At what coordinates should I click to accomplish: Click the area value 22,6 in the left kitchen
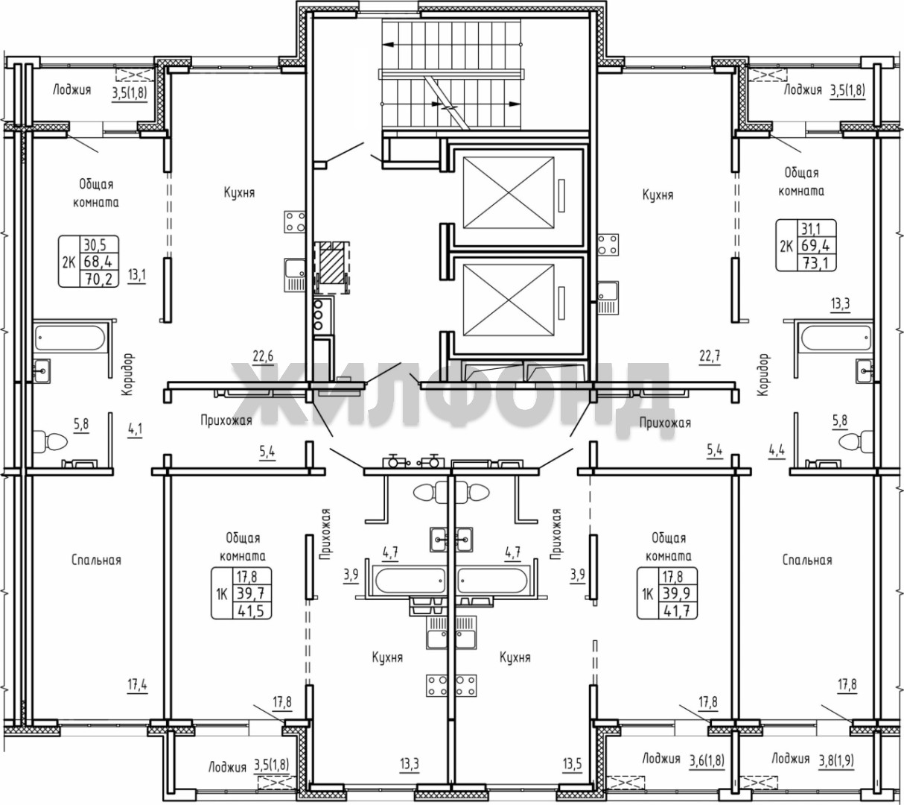pyautogui.click(x=264, y=356)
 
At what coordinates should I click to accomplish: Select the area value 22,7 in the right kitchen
pyautogui.click(x=710, y=356)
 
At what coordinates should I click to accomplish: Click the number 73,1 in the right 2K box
pyautogui.click(x=815, y=262)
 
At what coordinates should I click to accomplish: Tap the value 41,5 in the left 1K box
pyautogui.click(x=252, y=610)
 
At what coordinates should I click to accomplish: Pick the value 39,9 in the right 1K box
pyautogui.click(x=677, y=593)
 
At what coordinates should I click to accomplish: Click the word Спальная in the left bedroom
pyautogui.click(x=96, y=561)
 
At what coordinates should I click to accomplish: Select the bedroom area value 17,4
pyautogui.click(x=138, y=684)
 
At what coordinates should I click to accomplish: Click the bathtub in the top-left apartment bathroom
pyautogui.click(x=70, y=337)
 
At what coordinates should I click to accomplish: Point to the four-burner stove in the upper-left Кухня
pyautogui.click(x=295, y=222)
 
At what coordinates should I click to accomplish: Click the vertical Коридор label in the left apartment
pyautogui.click(x=129, y=374)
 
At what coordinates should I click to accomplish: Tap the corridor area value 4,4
pyautogui.click(x=777, y=449)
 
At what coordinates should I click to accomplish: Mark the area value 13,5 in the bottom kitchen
pyautogui.click(x=573, y=763)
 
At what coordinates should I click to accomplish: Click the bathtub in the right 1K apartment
pyautogui.click(x=493, y=581)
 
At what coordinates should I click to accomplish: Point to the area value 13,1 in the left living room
pyautogui.click(x=136, y=275)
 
